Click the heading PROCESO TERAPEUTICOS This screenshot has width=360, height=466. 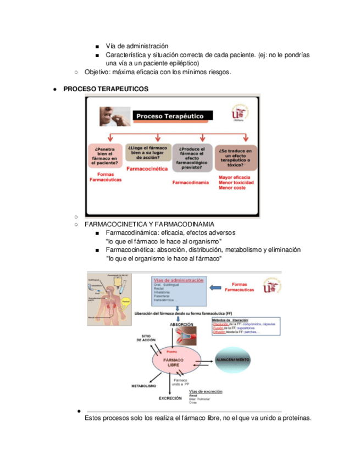[x=106, y=88]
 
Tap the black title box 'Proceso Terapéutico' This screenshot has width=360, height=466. [x=169, y=116]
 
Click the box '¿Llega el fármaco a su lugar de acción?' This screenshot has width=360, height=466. [x=147, y=152]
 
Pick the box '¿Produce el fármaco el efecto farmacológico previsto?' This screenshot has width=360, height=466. [x=191, y=158]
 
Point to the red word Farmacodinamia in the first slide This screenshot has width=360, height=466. [x=191, y=182]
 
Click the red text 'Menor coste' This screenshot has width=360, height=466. [x=232, y=188]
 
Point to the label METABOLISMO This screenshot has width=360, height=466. [x=143, y=386]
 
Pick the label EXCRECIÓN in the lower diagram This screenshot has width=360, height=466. [x=170, y=398]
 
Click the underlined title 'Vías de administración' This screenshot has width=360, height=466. [x=176, y=280]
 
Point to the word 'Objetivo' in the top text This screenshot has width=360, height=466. [x=98, y=72]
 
